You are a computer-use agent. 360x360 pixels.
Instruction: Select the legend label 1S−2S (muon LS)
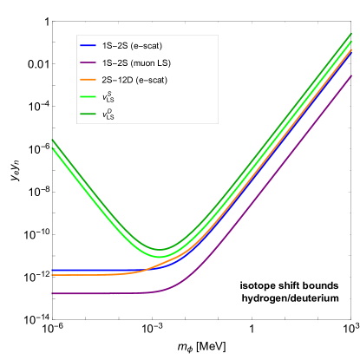click(x=137, y=62)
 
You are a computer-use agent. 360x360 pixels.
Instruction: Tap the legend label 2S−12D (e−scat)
click(x=134, y=80)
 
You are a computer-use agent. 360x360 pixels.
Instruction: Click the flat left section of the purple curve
click(x=95, y=294)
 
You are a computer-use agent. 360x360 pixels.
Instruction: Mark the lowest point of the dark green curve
click(x=159, y=250)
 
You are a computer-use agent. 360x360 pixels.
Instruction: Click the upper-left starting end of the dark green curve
click(x=53, y=140)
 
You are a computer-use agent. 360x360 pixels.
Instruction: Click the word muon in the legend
click(x=141, y=62)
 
